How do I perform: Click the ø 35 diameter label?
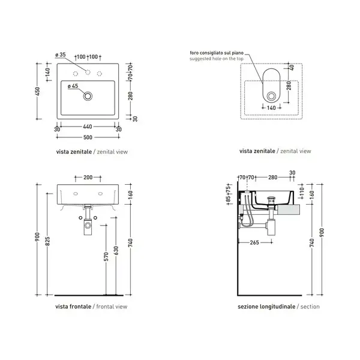[x=61, y=55]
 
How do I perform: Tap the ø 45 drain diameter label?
[x=73, y=86]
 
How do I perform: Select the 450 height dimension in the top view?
[x=38, y=91]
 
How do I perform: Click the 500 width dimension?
[x=88, y=137]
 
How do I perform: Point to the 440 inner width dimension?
[x=88, y=127]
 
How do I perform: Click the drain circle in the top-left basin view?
[x=88, y=96]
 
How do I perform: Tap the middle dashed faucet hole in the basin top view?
[x=88, y=73]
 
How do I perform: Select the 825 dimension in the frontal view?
[x=48, y=241]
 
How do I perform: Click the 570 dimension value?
[x=106, y=257]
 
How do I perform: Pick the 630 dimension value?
[x=116, y=250]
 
